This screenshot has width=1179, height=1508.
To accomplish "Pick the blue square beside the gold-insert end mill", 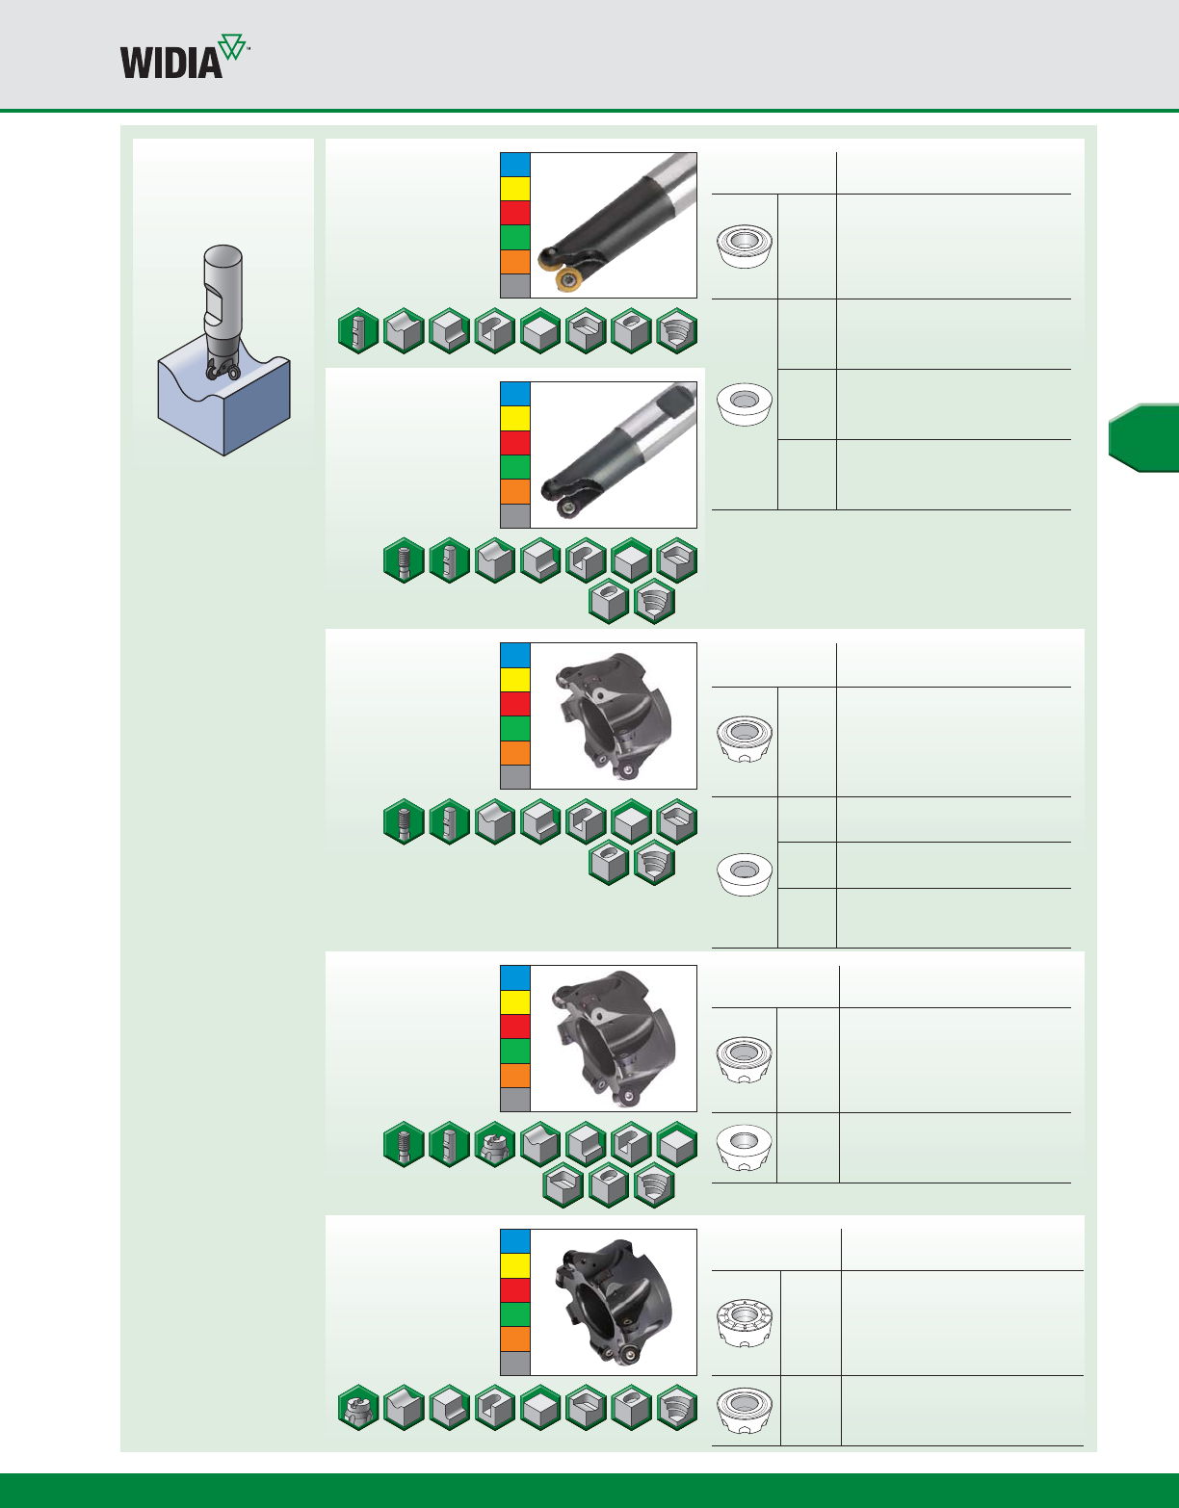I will [515, 165].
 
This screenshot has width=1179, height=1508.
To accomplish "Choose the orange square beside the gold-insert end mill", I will [515, 262].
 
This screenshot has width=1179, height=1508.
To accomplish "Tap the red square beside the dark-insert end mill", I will [515, 443].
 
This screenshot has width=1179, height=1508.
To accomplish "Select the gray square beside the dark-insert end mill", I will [515, 515].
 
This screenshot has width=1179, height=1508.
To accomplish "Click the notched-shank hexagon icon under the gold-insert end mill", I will [358, 331].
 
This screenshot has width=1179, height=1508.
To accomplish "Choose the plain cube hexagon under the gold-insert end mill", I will [540, 331].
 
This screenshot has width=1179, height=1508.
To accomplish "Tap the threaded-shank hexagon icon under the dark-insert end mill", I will [404, 560].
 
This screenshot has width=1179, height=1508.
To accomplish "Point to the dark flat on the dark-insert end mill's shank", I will [682, 398].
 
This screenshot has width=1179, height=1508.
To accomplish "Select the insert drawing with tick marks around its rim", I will [746, 1322].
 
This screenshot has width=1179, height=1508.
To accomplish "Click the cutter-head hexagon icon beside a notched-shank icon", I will [495, 1144].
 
